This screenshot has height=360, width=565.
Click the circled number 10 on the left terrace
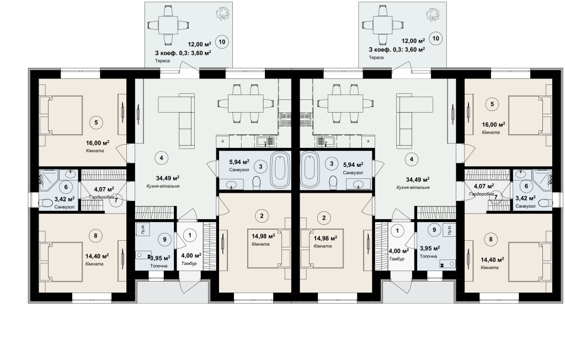[222, 42]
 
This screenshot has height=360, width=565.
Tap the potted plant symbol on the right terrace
[433, 14]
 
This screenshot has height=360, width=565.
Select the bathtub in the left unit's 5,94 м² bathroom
[280, 170]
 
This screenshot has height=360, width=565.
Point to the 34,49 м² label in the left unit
[168, 178]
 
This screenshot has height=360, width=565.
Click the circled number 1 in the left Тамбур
[190, 235]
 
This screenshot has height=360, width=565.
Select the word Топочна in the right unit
[428, 256]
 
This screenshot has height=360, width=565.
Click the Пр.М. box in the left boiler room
[143, 229]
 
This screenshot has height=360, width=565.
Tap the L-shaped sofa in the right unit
[409, 120]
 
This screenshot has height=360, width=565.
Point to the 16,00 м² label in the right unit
[493, 125]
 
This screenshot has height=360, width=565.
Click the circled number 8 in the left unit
[95, 236]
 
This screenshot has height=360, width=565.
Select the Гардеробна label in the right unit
[481, 194]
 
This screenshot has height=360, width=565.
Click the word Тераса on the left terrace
[163, 61]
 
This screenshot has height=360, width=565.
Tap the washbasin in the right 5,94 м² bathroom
[358, 184]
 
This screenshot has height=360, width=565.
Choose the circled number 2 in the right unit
[324, 218]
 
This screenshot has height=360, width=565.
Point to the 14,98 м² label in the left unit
[263, 236]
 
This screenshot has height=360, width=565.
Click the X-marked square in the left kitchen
[223, 141]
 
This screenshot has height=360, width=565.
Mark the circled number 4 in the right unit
[411, 158]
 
